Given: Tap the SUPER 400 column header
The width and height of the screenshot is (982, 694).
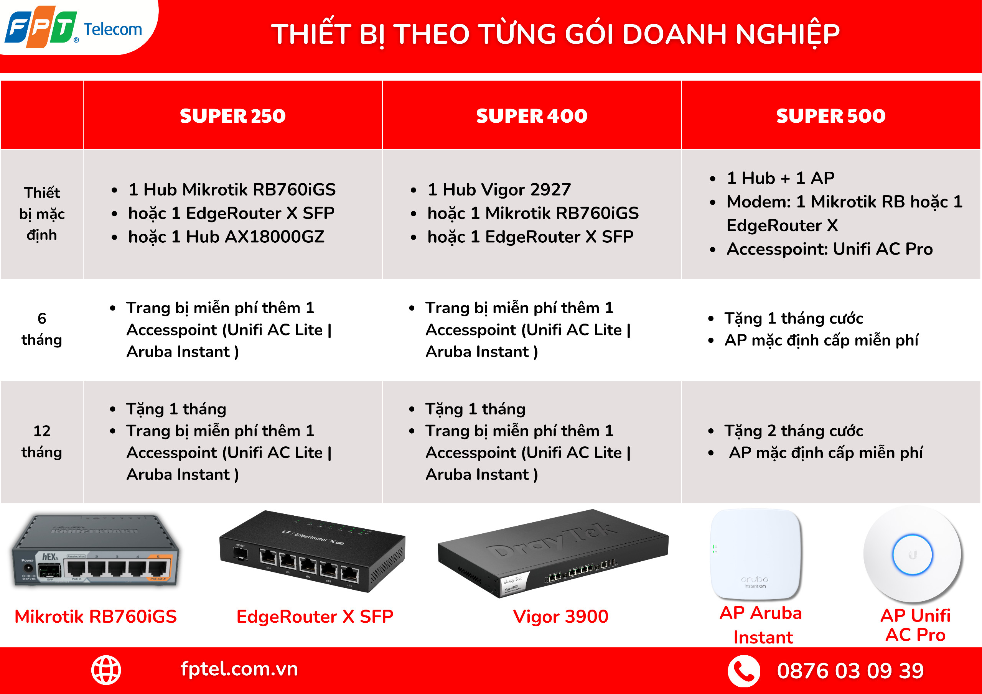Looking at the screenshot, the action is coord(532,116).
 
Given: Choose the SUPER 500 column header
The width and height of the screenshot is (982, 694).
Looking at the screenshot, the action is coord(830,116).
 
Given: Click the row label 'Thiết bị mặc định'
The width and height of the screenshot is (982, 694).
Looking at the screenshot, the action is coord(42,214).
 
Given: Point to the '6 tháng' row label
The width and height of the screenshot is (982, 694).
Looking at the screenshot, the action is coord(42,329).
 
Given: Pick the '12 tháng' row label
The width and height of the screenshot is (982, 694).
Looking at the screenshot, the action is coord(42,441).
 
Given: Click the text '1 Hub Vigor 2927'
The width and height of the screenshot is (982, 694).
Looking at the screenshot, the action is coord(499,189).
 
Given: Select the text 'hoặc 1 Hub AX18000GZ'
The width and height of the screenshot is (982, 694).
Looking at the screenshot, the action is coord(226,237).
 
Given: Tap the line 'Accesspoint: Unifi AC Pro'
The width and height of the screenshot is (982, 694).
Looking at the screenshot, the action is coord(830,249).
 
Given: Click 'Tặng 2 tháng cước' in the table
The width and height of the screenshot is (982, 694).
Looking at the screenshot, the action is coord(794,431).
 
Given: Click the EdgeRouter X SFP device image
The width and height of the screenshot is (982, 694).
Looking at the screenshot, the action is coord(312,551).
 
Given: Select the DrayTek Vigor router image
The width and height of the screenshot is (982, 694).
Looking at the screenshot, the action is coord(553,553).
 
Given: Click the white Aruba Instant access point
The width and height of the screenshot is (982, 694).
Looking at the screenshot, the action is coord(756,554).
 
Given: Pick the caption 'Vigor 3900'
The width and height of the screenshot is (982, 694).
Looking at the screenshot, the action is coord(560,617).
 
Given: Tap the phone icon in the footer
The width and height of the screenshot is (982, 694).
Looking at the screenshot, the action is coord(744,671).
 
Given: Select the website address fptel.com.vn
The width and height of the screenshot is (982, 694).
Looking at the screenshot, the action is coord(239,669).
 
